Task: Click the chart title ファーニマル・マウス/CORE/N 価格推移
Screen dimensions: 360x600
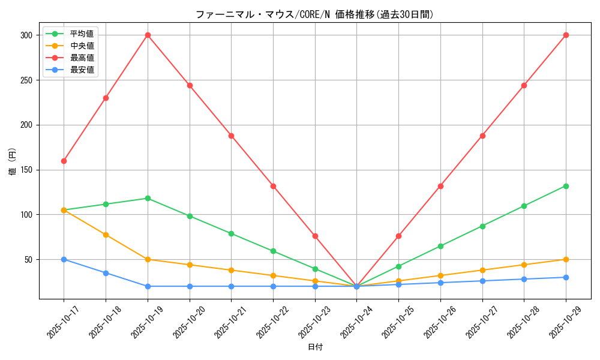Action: pyautogui.click(x=314, y=14)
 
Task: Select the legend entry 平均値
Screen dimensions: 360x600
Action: pyautogui.click(x=82, y=34)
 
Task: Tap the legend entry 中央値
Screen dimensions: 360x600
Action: pyautogui.click(x=82, y=46)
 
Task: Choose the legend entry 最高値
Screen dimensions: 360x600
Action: pyautogui.click(x=82, y=58)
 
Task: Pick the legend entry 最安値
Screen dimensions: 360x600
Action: pyautogui.click(x=82, y=70)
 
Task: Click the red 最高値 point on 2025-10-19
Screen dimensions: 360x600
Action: pyautogui.click(x=148, y=35)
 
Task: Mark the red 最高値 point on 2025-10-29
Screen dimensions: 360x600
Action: pyautogui.click(x=566, y=35)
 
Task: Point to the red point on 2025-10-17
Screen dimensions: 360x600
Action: pyautogui.click(x=64, y=161)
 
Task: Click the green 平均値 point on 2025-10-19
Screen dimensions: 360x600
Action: pyautogui.click(x=148, y=198)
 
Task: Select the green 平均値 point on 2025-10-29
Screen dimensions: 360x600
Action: pyautogui.click(x=566, y=186)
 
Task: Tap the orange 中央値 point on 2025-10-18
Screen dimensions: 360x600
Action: pyautogui.click(x=106, y=235)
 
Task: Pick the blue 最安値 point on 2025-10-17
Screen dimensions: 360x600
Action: pyautogui.click(x=64, y=259)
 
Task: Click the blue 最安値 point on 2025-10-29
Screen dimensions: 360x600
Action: pyautogui.click(x=566, y=277)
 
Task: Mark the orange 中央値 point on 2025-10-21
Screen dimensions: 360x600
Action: pyautogui.click(x=231, y=270)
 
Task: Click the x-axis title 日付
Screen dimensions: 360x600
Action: pyautogui.click(x=315, y=347)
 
